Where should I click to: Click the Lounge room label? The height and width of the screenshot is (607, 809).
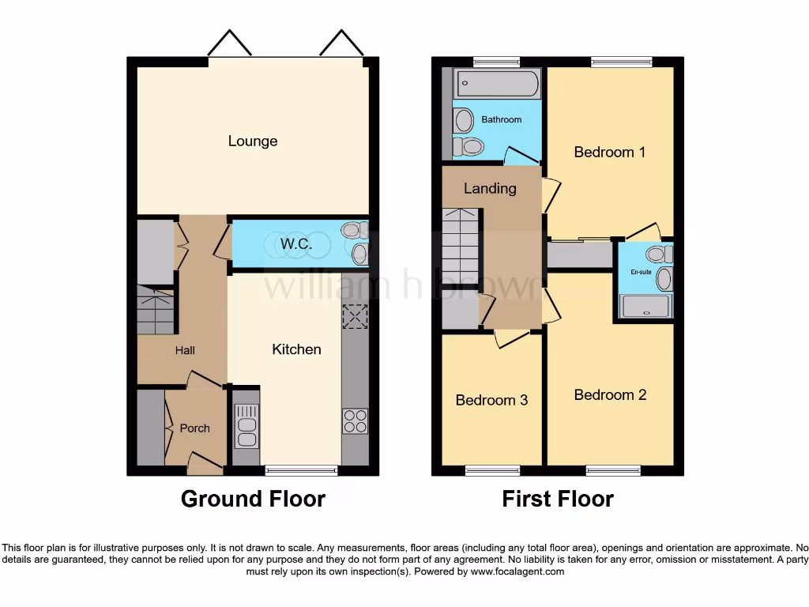point(253,141)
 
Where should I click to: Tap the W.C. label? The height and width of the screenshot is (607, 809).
point(296,244)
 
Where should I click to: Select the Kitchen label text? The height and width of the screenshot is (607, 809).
point(296,349)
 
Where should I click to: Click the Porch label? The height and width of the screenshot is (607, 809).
point(194,428)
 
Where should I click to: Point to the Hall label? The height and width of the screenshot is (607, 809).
point(185,351)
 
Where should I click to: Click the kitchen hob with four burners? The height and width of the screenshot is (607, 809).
point(355,420)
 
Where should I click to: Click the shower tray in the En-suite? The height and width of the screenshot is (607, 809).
point(646,306)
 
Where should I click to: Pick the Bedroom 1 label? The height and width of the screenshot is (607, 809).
point(609,152)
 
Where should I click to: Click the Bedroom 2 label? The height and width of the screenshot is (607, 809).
point(610,395)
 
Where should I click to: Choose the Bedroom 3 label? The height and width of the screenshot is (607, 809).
point(491,401)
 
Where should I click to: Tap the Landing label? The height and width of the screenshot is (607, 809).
point(490,189)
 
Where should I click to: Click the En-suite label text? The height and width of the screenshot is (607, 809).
point(642,271)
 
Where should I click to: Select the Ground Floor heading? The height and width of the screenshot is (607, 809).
point(253,500)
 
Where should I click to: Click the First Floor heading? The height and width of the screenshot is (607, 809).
point(558,500)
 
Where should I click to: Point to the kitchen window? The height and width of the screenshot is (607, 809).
point(301,471)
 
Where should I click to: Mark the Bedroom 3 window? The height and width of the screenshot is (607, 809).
point(492,471)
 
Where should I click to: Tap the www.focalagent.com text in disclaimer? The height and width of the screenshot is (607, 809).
point(517,571)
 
